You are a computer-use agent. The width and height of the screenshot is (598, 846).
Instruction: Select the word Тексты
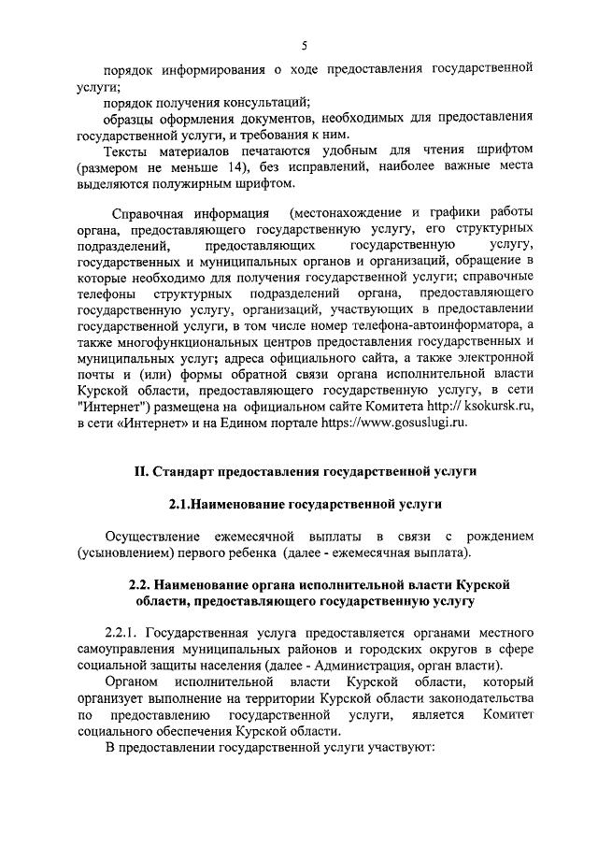pyautogui.click(x=130, y=151)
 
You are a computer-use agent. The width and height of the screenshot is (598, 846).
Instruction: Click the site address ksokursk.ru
pyautogui.click(x=496, y=408)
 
